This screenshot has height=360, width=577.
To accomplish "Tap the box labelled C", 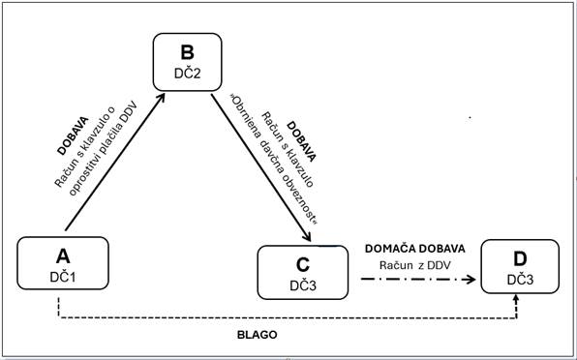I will pyautogui.click(x=302, y=272).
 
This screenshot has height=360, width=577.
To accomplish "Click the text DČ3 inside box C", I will pyautogui.click(x=302, y=285).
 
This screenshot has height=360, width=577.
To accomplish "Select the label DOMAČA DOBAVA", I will pyautogui.click(x=414, y=248).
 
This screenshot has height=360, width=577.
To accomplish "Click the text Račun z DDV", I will pyautogui.click(x=414, y=263).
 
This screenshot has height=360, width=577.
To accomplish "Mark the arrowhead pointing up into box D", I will pyautogui.click(x=516, y=302).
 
